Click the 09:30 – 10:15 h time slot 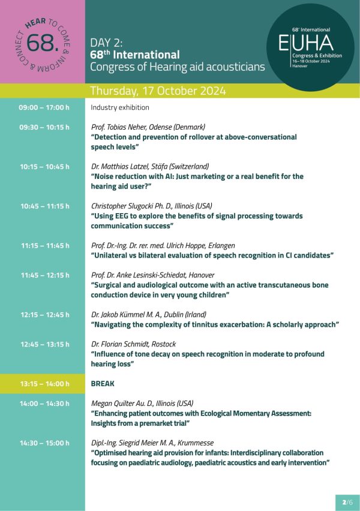click(44, 127)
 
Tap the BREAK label click(102, 384)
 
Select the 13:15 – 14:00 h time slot click(44, 384)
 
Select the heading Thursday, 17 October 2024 click(158, 91)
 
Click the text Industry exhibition click(120, 107)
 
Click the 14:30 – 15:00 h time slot click(44, 443)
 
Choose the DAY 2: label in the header click(107, 43)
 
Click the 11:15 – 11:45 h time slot click(44, 246)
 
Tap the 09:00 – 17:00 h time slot click(44, 107)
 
